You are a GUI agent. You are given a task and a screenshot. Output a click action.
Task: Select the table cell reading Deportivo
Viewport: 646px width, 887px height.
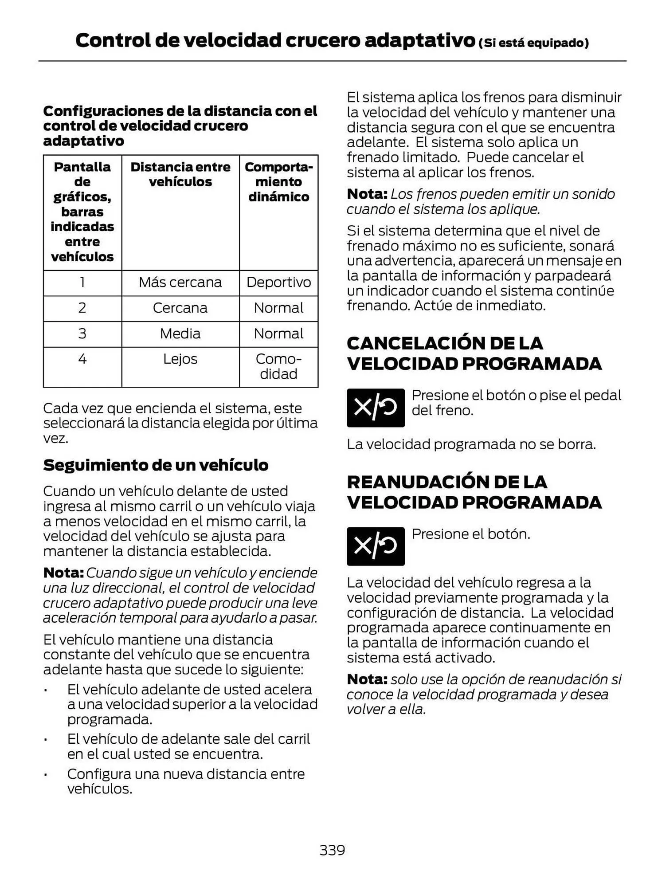click(278, 283)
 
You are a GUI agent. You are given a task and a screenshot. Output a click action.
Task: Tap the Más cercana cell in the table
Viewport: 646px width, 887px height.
click(180, 283)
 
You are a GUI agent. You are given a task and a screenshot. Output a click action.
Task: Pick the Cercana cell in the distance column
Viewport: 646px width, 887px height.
click(180, 308)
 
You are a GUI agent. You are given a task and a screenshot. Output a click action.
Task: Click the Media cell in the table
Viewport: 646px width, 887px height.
click(180, 334)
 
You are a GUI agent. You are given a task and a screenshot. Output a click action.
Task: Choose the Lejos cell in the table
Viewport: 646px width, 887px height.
click(180, 359)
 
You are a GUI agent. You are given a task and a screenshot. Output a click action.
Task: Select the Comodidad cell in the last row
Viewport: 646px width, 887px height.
click(278, 366)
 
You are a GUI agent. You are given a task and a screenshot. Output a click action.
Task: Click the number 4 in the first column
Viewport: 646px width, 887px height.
click(82, 359)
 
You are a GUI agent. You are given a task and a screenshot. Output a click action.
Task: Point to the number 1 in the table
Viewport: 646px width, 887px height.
click(82, 283)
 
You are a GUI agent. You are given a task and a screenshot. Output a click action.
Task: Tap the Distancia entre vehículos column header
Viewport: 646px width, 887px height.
click(180, 174)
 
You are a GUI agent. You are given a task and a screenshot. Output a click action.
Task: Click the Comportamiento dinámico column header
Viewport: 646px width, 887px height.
click(278, 182)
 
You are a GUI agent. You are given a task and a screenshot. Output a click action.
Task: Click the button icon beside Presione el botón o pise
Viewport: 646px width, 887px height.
click(375, 408)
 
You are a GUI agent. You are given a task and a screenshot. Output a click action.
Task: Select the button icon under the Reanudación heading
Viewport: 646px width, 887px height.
click(375, 546)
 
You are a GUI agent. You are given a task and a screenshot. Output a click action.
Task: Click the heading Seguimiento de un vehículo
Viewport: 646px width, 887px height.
click(156, 465)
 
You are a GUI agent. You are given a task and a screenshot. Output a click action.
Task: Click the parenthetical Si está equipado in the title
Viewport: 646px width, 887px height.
click(533, 43)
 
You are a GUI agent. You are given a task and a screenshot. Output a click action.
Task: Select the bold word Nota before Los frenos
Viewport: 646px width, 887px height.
click(367, 194)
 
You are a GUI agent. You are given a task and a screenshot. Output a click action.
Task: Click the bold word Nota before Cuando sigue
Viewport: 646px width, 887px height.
click(63, 573)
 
